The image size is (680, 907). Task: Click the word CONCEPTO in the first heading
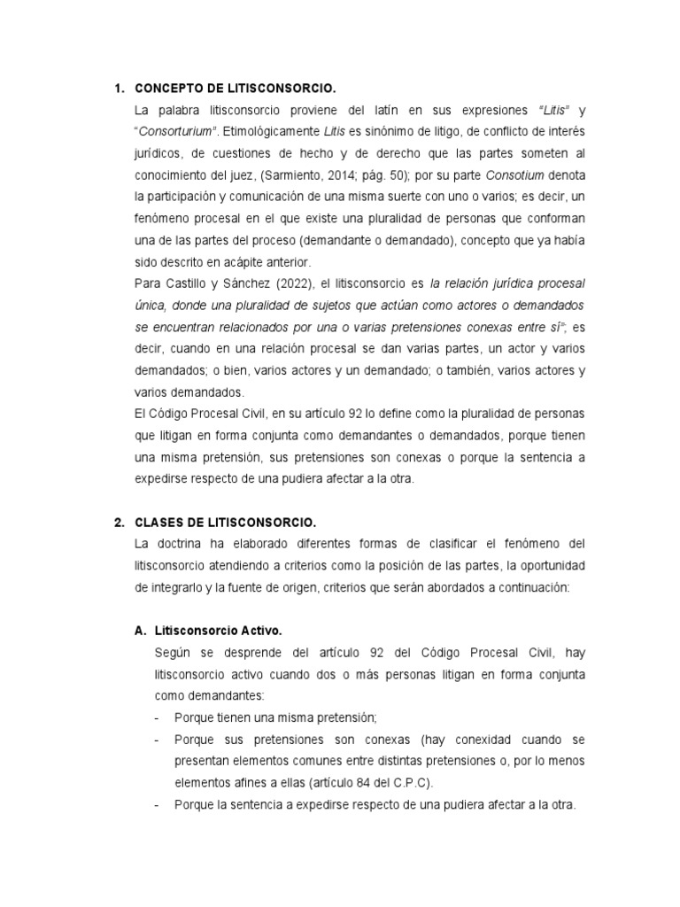tap(169, 89)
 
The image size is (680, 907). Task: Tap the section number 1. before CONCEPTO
tap(120, 89)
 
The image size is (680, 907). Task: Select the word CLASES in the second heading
tap(159, 522)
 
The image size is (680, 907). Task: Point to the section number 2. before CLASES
tap(120, 522)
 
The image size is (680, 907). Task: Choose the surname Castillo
tap(180, 284)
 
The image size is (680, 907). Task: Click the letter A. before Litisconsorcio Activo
tap(140, 631)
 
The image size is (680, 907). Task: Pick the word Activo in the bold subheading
tap(261, 631)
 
